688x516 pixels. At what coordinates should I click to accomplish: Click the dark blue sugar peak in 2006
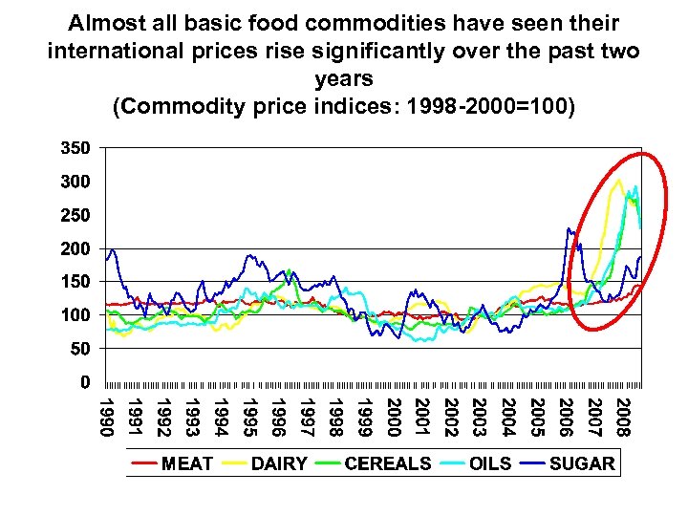(x=570, y=228)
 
